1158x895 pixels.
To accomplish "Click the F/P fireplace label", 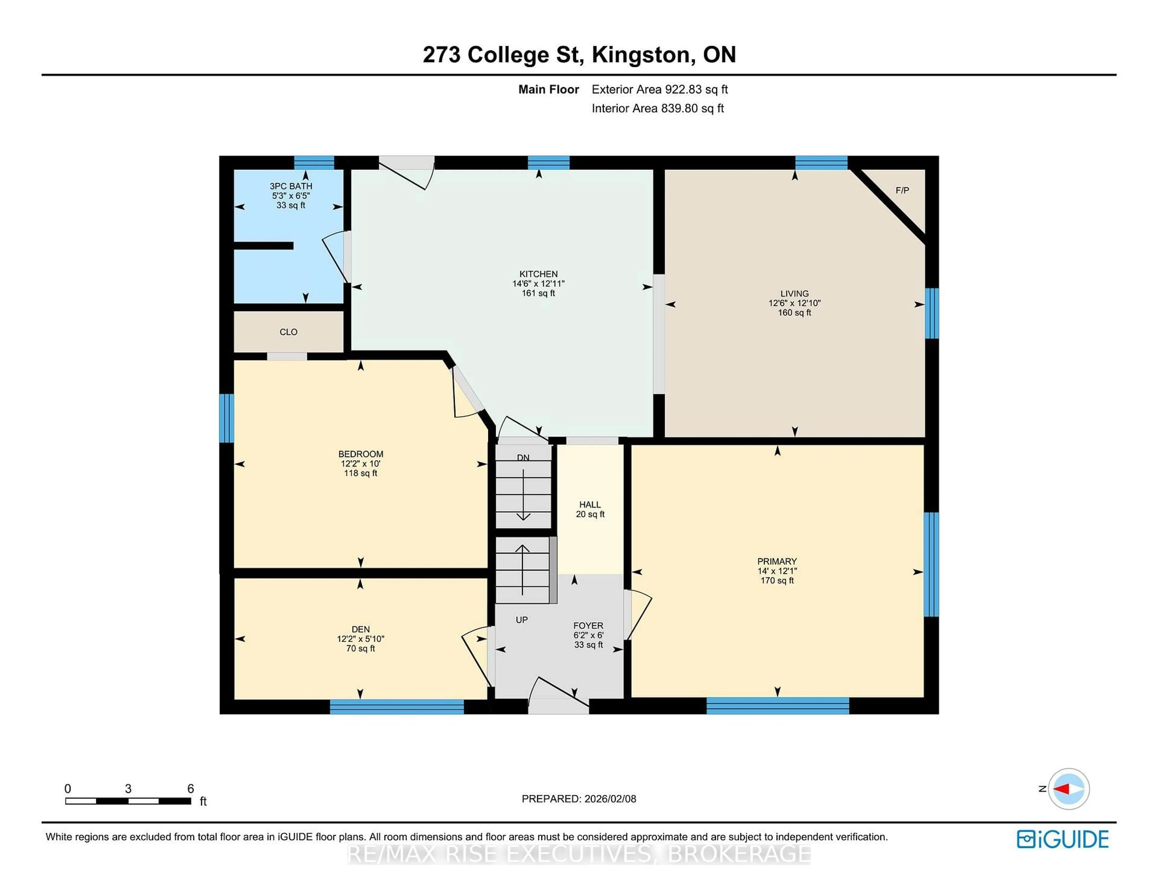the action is [902, 190].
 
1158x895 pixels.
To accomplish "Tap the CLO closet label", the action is [288, 332].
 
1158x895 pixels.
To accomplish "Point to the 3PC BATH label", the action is [291, 186].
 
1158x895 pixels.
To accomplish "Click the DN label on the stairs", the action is [523, 457].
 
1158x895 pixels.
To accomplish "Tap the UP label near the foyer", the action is [522, 620].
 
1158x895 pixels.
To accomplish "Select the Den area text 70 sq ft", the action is [361, 648].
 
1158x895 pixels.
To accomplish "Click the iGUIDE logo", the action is [1063, 839].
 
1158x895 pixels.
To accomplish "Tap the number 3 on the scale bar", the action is [128, 789].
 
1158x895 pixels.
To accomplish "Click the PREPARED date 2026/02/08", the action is [610, 799].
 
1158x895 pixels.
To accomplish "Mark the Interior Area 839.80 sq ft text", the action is [657, 109].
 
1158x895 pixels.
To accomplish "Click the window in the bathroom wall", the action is [314, 162].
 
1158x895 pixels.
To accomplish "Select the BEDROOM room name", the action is [361, 454].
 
